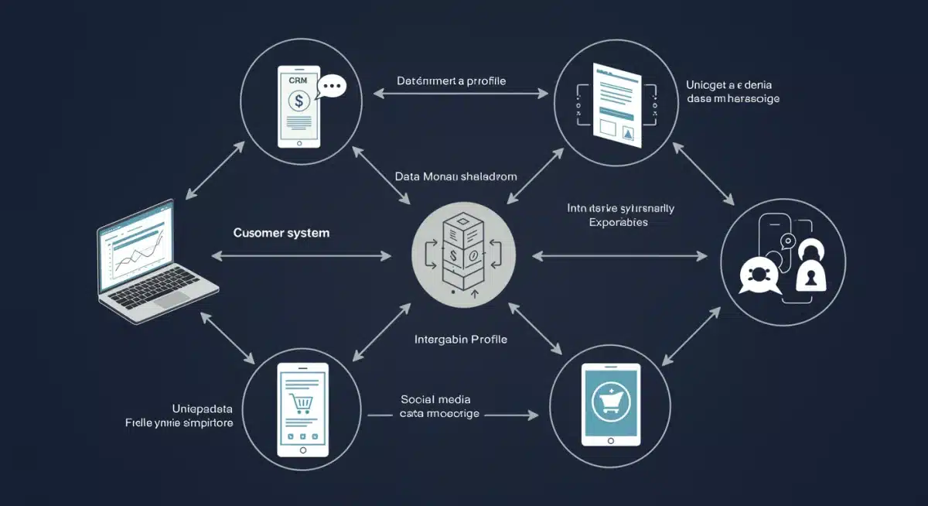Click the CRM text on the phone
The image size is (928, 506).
tap(298, 80)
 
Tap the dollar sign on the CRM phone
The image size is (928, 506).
tap(299, 101)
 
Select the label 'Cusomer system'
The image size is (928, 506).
tap(281, 232)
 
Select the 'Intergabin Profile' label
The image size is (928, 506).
tap(461, 339)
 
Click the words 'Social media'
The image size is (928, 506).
tap(435, 399)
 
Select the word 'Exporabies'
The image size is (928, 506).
tap(618, 222)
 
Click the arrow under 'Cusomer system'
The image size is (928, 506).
tap(301, 255)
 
